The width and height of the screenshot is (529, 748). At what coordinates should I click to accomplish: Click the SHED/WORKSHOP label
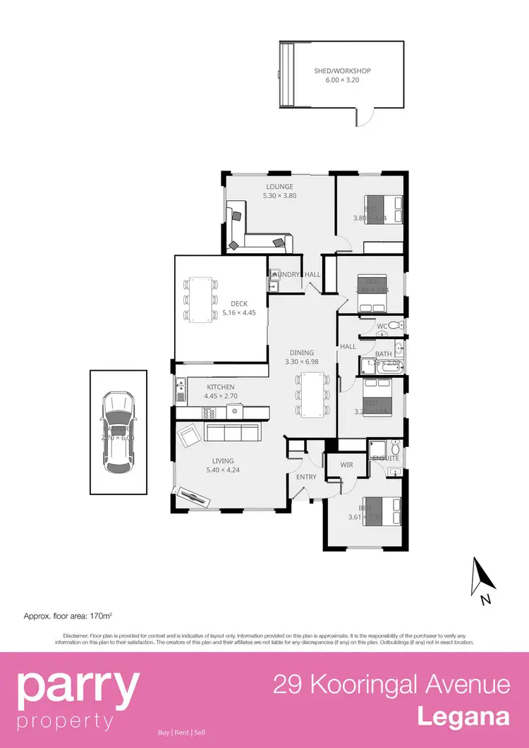pyautogui.click(x=342, y=70)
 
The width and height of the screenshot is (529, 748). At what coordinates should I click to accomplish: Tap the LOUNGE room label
pyautogui.click(x=279, y=187)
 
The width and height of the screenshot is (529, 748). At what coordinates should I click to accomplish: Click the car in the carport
pyautogui.click(x=118, y=431)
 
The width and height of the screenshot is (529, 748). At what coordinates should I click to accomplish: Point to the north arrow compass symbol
pyautogui.click(x=483, y=578)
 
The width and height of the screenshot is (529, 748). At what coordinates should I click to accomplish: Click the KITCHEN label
pyautogui.click(x=220, y=387)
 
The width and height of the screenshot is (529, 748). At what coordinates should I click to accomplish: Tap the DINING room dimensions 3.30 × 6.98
pyautogui.click(x=302, y=362)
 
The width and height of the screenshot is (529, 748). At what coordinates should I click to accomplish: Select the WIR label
pyautogui.click(x=346, y=465)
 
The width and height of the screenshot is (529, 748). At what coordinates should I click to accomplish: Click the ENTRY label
pyautogui.click(x=306, y=477)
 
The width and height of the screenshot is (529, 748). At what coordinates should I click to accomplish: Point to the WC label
pyautogui.click(x=382, y=326)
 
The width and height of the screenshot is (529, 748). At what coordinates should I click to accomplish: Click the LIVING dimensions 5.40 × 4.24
pyautogui.click(x=223, y=470)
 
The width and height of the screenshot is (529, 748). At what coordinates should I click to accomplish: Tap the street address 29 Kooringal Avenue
pyautogui.click(x=391, y=685)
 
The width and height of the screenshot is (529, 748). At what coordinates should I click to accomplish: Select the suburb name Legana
pyautogui.click(x=463, y=717)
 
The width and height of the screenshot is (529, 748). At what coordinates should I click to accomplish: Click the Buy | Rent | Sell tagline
pyautogui.click(x=181, y=732)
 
